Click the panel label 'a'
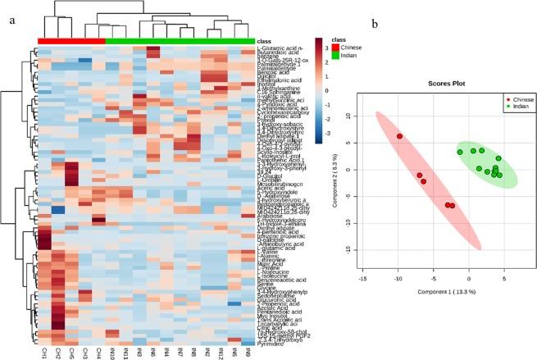tap(10, 17)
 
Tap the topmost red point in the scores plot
tap(399, 136)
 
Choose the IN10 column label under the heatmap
tap(111, 350)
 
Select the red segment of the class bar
tap(71, 40)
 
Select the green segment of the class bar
tap(180, 40)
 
